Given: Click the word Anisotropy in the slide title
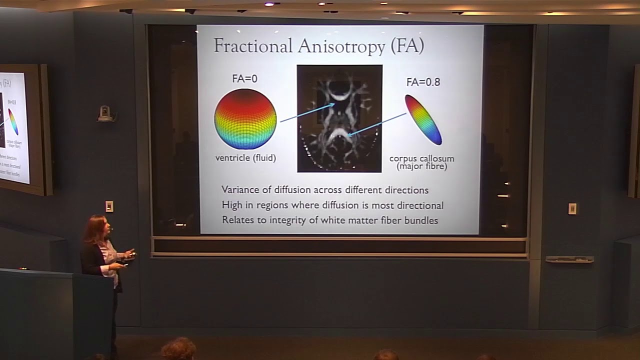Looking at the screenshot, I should [x=341, y=46].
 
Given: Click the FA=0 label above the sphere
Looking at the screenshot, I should [x=245, y=78].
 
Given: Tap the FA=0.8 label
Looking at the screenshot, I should [x=423, y=82].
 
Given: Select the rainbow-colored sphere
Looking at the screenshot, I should [x=245, y=119].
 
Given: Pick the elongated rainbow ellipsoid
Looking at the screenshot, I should [x=423, y=119].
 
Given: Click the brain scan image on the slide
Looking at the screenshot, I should [x=339, y=118].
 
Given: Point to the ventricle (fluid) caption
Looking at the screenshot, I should [x=245, y=158].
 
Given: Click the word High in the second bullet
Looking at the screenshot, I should [x=231, y=205].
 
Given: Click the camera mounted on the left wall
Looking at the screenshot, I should [x=105, y=113].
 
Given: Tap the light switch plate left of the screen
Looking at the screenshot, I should [x=109, y=206].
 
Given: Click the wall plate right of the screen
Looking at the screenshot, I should [x=572, y=208].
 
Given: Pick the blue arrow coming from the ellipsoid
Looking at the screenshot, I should [x=376, y=124].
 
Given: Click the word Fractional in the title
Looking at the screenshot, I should [x=253, y=46].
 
